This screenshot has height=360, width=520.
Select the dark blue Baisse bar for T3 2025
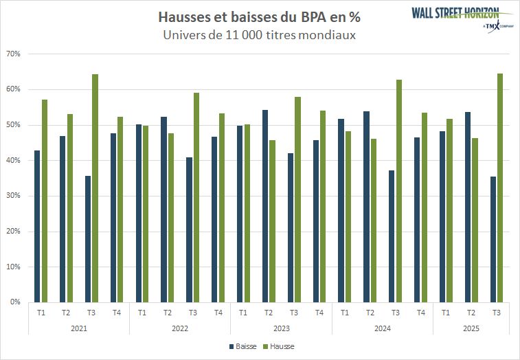493,239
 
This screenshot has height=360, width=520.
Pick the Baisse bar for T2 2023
265,205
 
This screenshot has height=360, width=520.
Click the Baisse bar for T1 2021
37,226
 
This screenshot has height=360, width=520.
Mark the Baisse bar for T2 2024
366,206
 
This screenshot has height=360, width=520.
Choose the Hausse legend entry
279,347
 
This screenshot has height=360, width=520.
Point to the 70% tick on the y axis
14,54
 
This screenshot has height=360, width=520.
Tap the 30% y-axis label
14,196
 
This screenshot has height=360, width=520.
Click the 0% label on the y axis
16,302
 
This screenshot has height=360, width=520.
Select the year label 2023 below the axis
281,328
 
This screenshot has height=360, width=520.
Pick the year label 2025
471,328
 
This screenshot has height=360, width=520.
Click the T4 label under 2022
218,313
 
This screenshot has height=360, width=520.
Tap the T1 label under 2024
345,313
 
